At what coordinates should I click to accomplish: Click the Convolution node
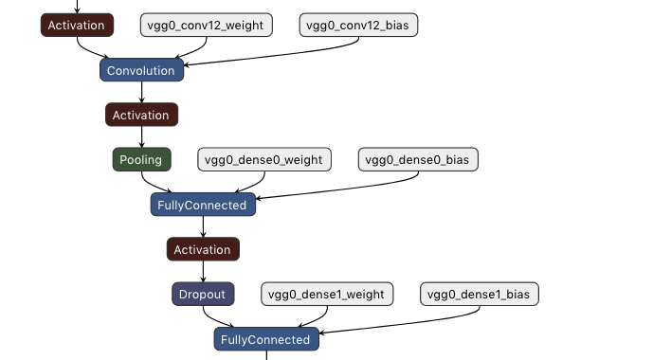click(x=141, y=70)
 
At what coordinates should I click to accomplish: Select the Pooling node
click(x=141, y=159)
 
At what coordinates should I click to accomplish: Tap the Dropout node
click(x=203, y=294)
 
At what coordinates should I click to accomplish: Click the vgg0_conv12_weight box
click(x=207, y=26)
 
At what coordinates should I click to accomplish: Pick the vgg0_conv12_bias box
click(x=358, y=26)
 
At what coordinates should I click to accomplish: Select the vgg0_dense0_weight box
click(x=263, y=159)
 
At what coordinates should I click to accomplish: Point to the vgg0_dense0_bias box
click(x=418, y=159)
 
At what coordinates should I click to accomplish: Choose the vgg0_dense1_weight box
click(x=327, y=294)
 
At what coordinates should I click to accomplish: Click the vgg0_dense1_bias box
click(x=479, y=294)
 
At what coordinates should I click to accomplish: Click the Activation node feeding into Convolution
click(x=77, y=26)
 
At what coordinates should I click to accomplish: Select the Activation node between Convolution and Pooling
click(x=141, y=115)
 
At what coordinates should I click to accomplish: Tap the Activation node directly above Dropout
click(x=203, y=249)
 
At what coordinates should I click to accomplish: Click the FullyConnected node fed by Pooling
click(x=203, y=205)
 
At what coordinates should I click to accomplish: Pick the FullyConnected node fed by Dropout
click(x=266, y=339)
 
